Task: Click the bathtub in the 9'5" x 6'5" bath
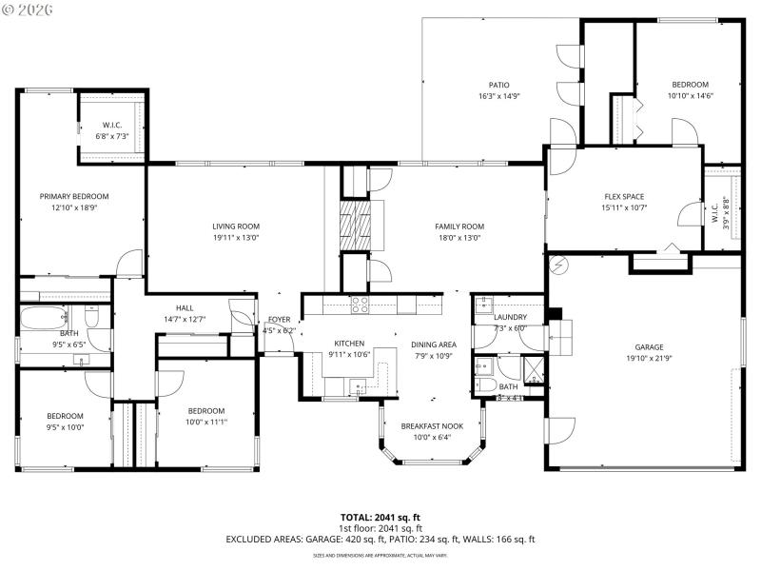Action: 43,318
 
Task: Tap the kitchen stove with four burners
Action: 361,305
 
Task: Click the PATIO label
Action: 498,85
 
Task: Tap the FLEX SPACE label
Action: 624,197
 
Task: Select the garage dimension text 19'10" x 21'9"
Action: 650,359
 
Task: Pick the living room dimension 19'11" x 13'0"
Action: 236,238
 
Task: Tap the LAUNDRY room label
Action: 510,317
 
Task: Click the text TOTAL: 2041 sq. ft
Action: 380,517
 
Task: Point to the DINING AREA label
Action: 434,345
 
